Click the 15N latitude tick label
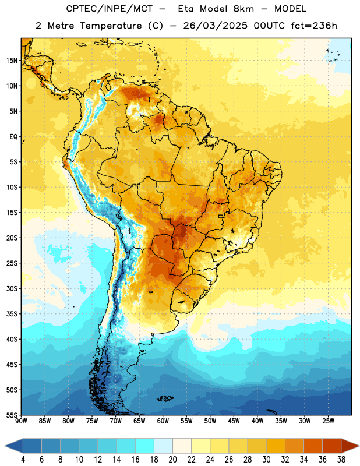tap(12, 61)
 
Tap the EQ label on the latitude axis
tap(13, 137)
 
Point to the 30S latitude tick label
tap(12, 288)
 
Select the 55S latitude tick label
tap(12, 415)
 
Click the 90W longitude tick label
tap(21, 421)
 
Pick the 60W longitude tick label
tap(163, 421)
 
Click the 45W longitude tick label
tap(234, 421)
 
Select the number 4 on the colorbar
tap(23, 460)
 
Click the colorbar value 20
tap(172, 460)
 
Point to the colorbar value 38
tap(341, 460)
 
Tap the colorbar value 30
tap(266, 460)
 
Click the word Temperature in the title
tap(111, 26)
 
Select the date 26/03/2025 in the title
tap(215, 26)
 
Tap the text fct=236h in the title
tap(314, 26)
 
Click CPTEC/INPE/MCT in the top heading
tap(109, 9)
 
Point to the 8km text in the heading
tap(243, 9)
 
